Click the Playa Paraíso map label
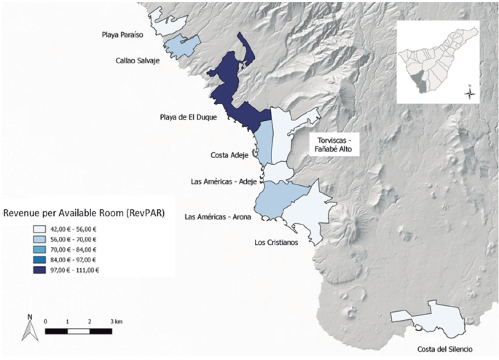tap(123, 35)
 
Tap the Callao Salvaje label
tap(138, 61)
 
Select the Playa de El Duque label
tap(188, 117)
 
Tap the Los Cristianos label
tap(276, 243)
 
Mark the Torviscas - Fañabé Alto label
tap(334, 144)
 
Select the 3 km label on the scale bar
tap(116, 321)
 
